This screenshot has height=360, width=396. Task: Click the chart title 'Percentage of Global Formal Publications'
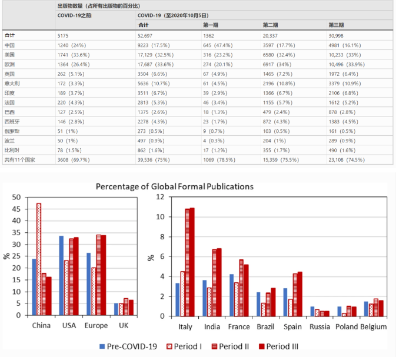(x=175, y=186)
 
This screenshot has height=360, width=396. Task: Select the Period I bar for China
(x=38, y=259)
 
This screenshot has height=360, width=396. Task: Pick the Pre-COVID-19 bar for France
(x=232, y=295)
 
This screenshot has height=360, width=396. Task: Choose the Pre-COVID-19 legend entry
(x=128, y=346)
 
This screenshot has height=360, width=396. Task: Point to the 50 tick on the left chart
(x=16, y=198)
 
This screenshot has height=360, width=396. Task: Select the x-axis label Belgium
(x=374, y=326)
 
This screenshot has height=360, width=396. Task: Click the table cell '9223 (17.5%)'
(x=152, y=45)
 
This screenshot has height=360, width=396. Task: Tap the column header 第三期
(x=336, y=25)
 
